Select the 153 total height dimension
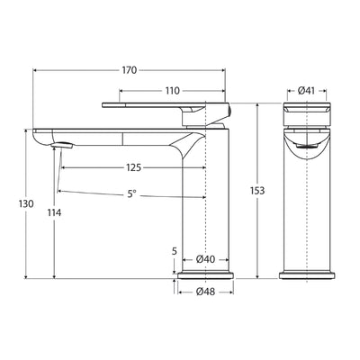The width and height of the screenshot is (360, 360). tap(259, 192)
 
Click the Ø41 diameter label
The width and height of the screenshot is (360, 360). tap(307, 90)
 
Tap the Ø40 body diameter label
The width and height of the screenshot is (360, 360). tap(205, 259)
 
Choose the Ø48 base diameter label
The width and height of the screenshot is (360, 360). tap(205, 292)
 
